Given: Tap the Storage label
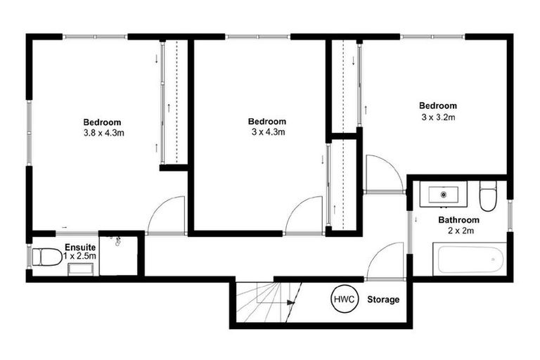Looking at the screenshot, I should click(x=383, y=300).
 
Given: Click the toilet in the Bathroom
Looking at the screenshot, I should click(x=487, y=197).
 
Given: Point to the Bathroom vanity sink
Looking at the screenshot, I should click(x=443, y=193).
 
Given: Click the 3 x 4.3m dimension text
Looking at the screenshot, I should click(x=267, y=132).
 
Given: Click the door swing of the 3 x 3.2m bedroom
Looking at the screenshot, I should click(x=382, y=174).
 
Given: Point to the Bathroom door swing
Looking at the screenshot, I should click(x=387, y=262).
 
